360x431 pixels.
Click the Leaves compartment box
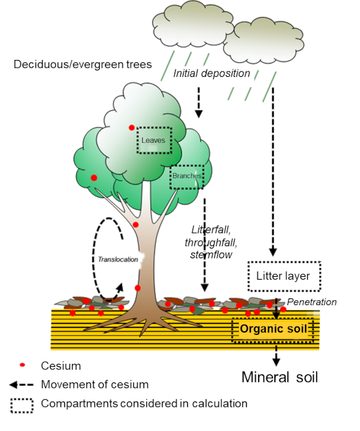[x=154, y=140]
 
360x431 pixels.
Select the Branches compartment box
[x=187, y=176]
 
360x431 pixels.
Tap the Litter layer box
[x=284, y=276]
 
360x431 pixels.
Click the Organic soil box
[x=273, y=329]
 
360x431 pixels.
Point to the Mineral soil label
[x=280, y=377]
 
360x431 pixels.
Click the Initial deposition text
[x=211, y=73]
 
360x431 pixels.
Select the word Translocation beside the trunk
[x=118, y=259]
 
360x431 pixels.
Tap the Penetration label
[x=311, y=302]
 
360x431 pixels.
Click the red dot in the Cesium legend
[x=22, y=365]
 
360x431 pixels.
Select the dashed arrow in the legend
[x=22, y=384]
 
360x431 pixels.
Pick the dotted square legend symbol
[x=22, y=404]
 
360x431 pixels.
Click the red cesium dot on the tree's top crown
[x=131, y=127]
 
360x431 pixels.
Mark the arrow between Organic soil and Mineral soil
[x=276, y=355]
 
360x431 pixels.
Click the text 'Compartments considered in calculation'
[x=144, y=403]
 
